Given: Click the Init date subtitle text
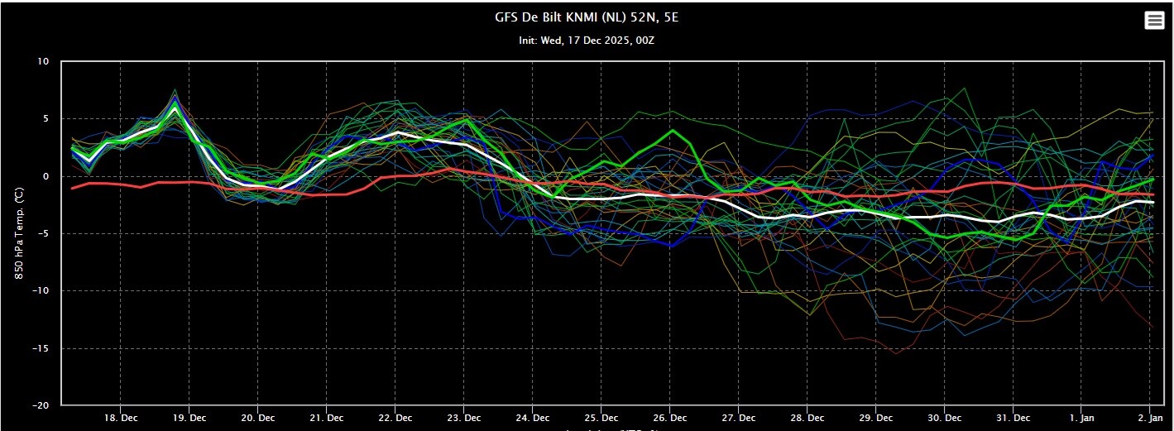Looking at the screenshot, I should point(587,40).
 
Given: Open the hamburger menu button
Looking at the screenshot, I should point(1153,22).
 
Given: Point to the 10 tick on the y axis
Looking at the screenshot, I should point(43,62).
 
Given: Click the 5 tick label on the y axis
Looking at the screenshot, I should point(46,119).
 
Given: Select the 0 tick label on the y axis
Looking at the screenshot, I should point(46,176).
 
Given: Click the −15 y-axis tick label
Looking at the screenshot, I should point(41,348).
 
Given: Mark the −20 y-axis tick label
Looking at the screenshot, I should point(41,405).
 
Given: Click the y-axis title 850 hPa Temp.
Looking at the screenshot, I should point(18,234).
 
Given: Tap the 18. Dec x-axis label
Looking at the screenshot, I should point(121,419).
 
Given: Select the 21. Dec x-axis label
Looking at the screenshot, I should point(327,419).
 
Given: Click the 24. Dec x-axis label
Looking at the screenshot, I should point(533,419).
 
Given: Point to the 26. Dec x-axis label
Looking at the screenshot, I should point(671,419).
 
